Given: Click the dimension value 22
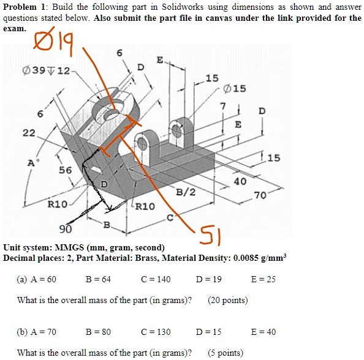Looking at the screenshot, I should [x=28, y=133].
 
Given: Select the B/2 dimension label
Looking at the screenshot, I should [x=186, y=192].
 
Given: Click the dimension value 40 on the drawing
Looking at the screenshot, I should [x=240, y=182].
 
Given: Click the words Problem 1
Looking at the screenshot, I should [x=21, y=7].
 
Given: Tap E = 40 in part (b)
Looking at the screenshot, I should [x=264, y=331].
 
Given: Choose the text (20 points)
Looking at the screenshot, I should [x=228, y=300].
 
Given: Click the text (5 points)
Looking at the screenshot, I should [x=226, y=352].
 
